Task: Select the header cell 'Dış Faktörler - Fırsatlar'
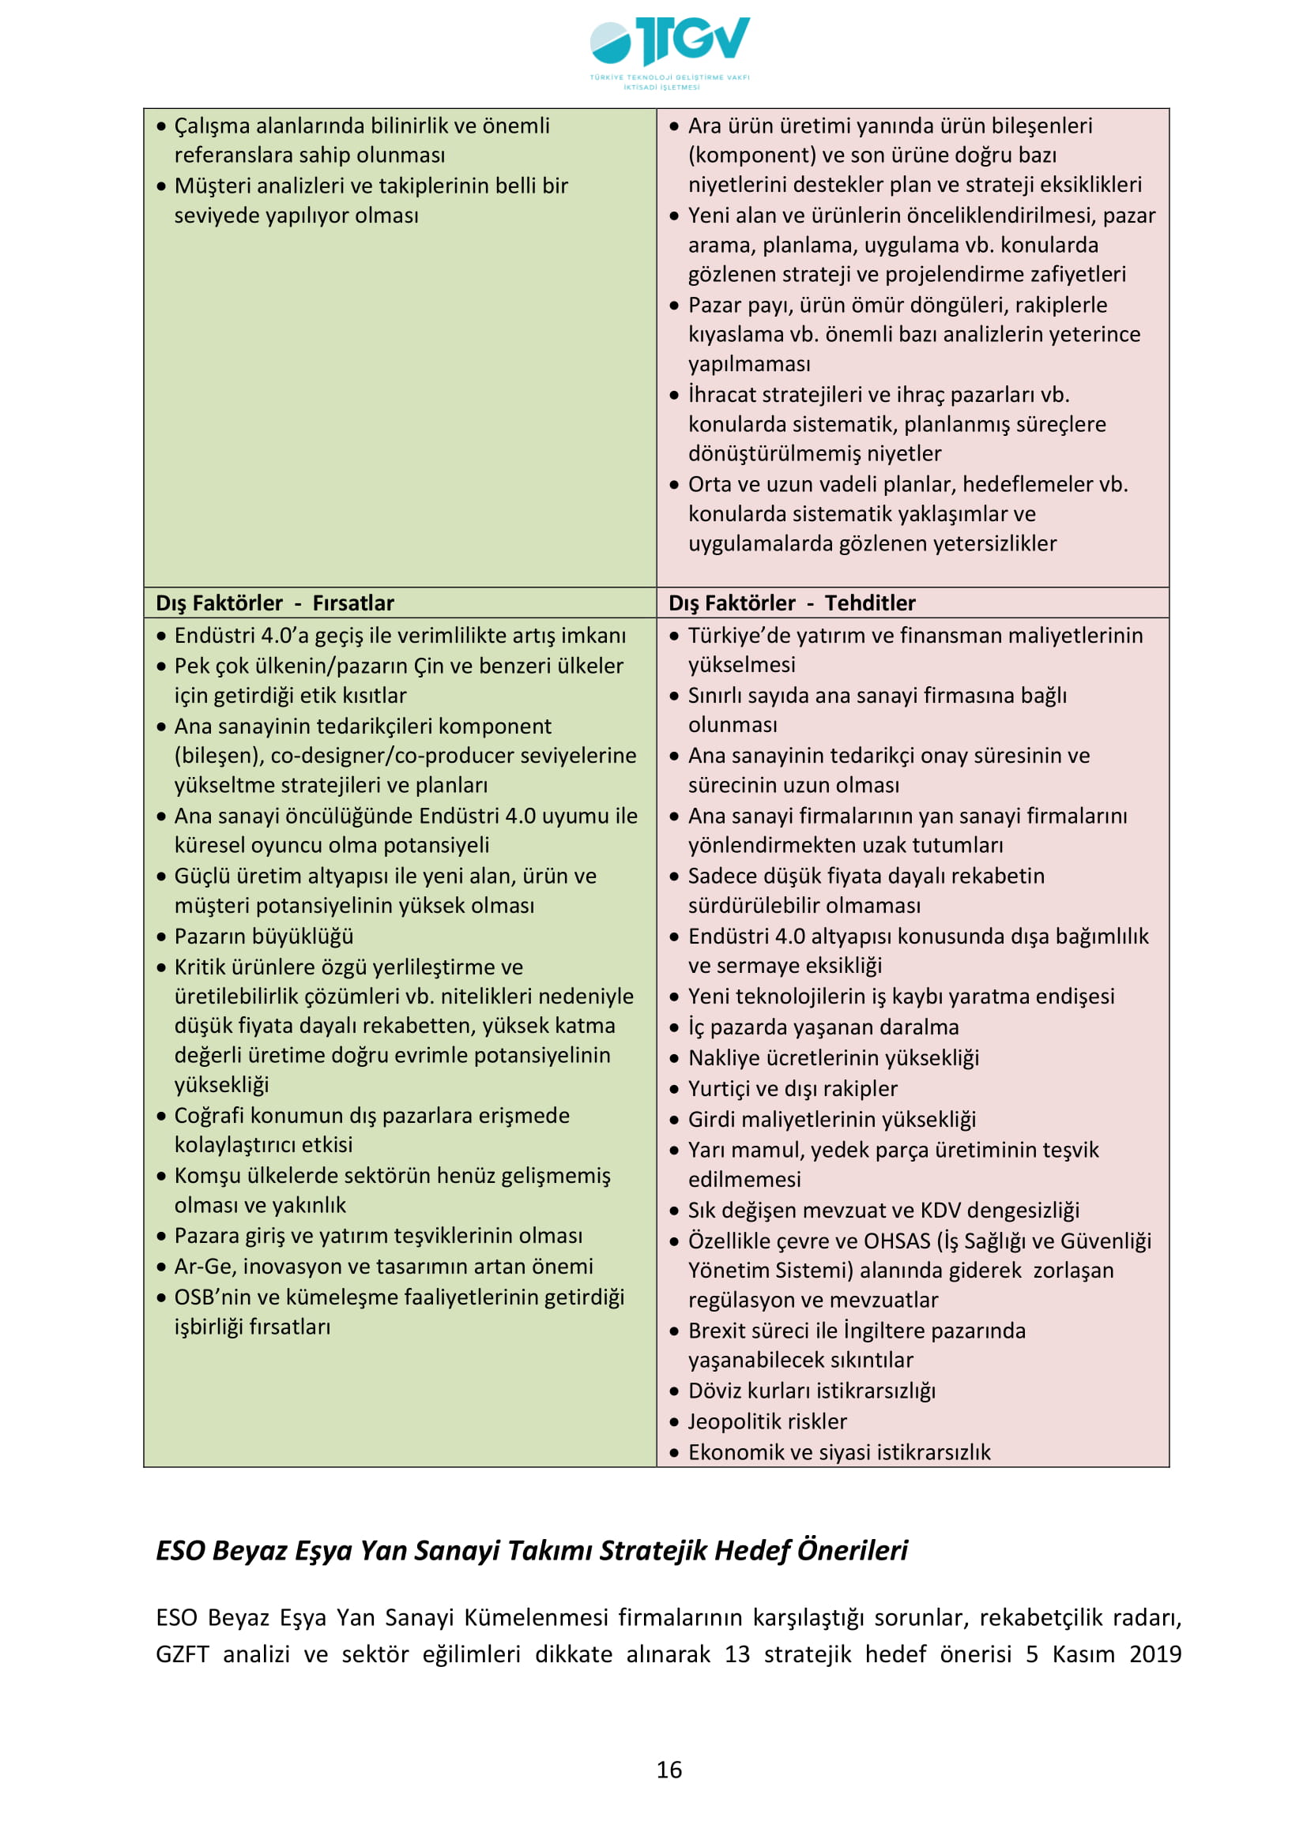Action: [274, 603]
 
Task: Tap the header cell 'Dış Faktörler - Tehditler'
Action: [792, 603]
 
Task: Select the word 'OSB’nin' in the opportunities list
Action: [212, 1297]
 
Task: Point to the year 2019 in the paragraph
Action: [1155, 1654]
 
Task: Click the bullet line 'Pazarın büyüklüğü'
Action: [264, 937]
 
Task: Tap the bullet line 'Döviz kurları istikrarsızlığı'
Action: [812, 1391]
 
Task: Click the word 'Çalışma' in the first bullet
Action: [212, 126]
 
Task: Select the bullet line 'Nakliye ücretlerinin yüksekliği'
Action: [833, 1058]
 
